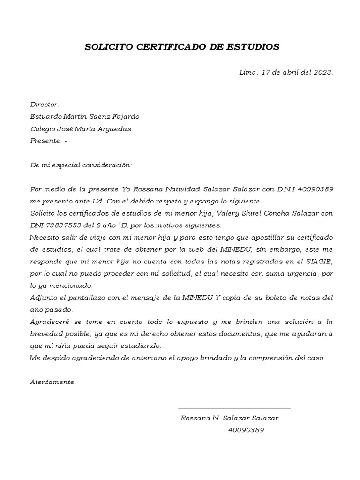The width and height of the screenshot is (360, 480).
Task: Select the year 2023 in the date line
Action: coord(322,72)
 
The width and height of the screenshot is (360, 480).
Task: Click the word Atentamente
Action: coord(52,382)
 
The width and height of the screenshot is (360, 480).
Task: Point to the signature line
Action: coord(234,409)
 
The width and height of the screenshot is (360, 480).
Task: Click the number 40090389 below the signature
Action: coord(246,430)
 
